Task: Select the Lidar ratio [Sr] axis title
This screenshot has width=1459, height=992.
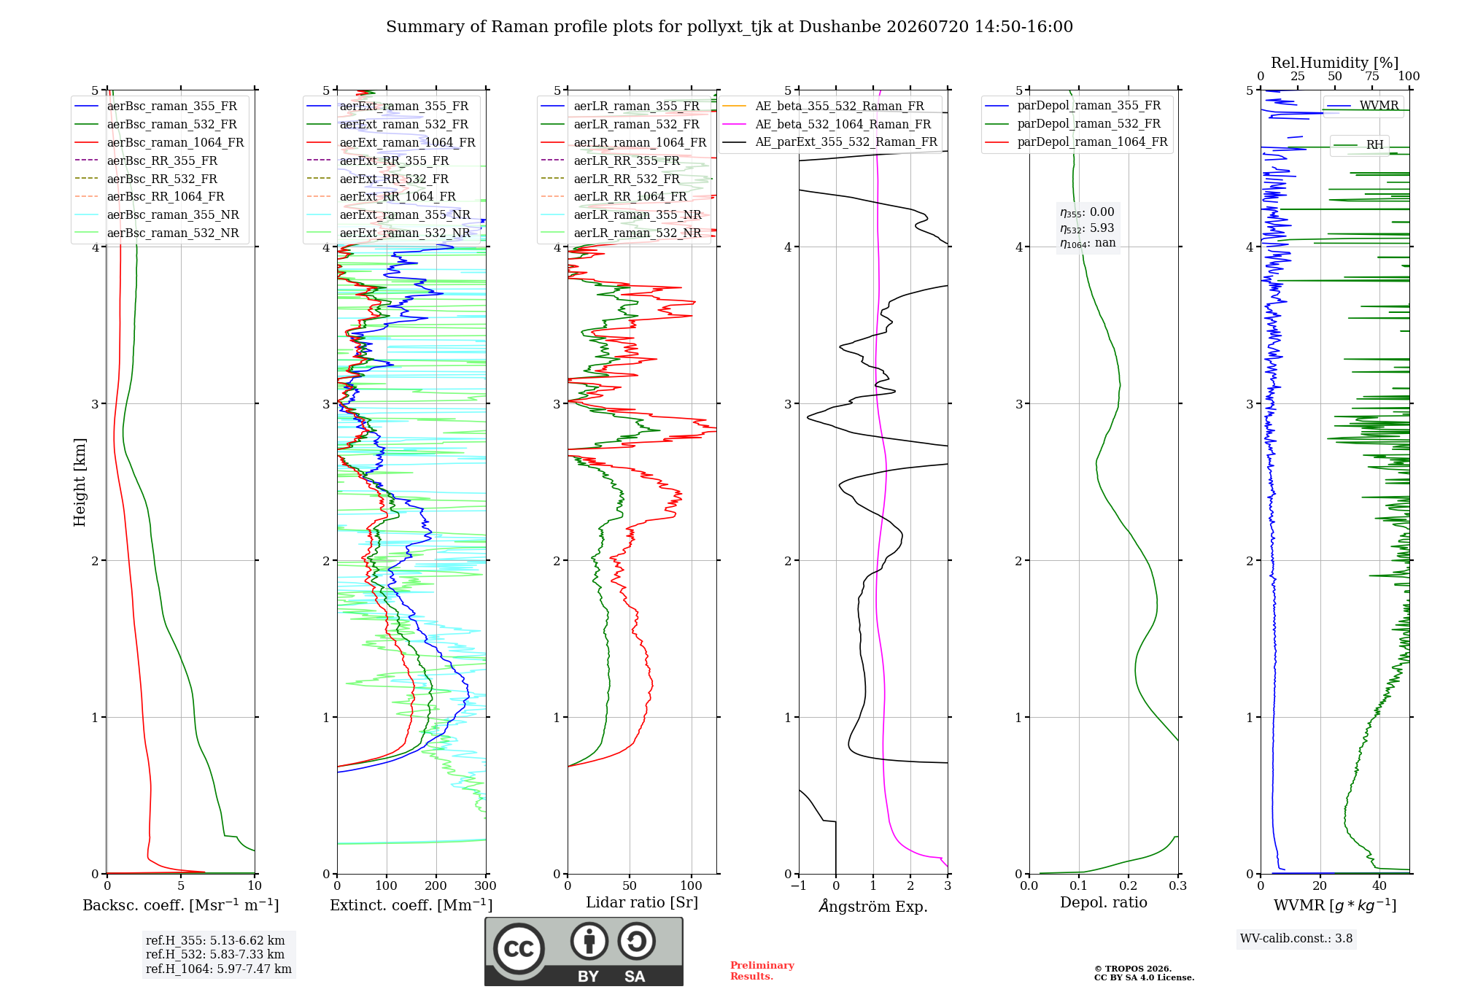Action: (642, 902)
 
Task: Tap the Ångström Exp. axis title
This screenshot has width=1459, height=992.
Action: (873, 906)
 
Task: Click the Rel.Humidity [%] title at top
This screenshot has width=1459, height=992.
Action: (1335, 63)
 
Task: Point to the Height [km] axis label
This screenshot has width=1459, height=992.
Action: (80, 482)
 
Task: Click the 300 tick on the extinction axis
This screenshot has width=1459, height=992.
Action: (486, 886)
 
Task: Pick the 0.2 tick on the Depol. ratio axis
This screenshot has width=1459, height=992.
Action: (1129, 886)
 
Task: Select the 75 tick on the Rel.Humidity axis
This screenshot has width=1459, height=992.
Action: (1372, 76)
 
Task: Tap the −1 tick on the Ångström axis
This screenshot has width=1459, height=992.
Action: (798, 886)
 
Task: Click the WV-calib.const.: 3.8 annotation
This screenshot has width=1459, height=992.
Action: (1296, 938)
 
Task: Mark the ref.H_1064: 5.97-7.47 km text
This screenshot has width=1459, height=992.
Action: (219, 969)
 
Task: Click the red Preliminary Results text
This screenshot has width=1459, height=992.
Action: (762, 971)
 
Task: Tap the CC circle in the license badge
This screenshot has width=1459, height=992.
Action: (519, 949)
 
